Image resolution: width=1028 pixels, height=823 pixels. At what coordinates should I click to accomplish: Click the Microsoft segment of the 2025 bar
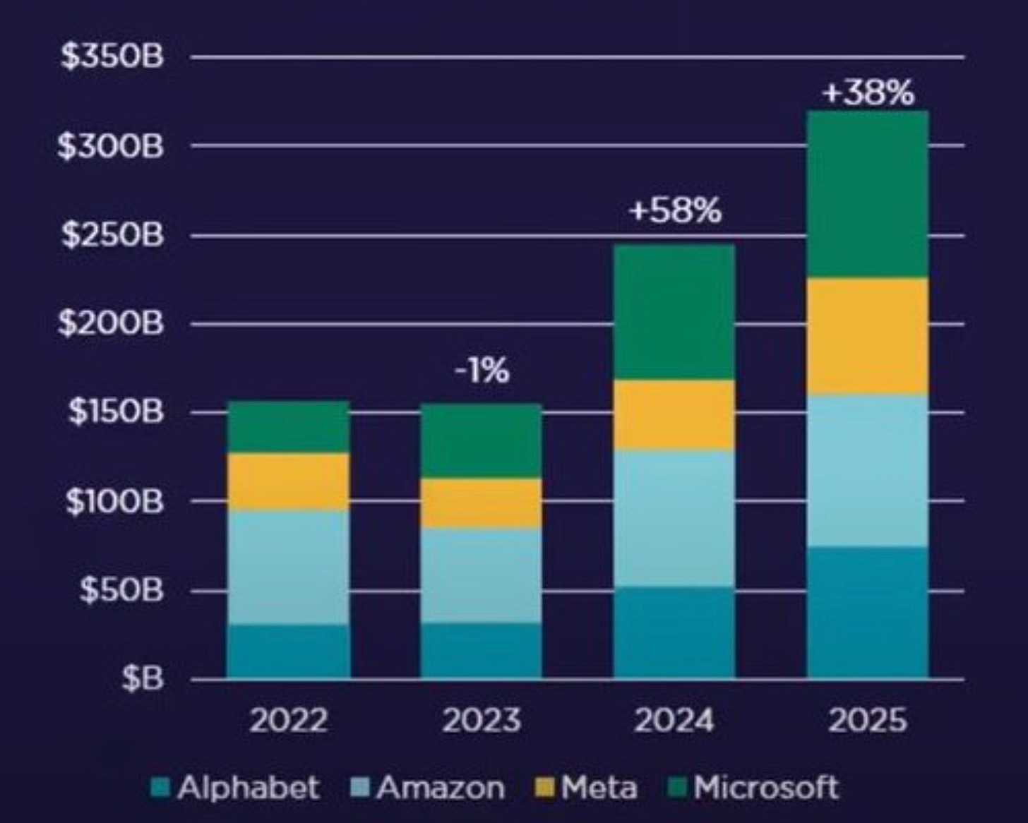[867, 194]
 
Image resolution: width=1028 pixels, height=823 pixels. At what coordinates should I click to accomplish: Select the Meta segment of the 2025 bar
[867, 336]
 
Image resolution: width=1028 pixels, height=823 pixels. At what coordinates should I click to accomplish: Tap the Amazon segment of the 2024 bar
[674, 518]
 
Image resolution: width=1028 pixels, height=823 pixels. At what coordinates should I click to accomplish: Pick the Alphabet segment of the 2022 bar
[288, 651]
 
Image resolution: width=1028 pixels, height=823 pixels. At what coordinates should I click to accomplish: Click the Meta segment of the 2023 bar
[481, 503]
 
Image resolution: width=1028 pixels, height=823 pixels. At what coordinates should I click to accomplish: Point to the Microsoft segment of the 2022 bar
[288, 427]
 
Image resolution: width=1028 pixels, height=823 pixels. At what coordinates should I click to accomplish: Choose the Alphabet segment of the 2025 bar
[867, 612]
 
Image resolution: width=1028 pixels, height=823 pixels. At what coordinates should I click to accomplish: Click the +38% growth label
[868, 93]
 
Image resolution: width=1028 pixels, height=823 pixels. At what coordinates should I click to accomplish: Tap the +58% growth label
[675, 211]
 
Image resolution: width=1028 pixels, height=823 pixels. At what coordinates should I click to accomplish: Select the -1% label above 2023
[482, 371]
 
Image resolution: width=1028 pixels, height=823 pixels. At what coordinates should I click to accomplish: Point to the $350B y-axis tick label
[112, 57]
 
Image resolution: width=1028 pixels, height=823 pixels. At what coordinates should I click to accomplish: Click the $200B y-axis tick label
[111, 324]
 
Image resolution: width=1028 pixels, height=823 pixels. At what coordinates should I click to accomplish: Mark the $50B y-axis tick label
[121, 590]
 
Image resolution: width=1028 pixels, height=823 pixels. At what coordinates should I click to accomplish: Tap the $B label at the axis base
[142, 678]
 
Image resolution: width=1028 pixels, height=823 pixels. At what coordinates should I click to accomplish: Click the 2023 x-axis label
[482, 721]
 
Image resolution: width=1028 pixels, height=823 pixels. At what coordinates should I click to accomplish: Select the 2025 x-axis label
[867, 721]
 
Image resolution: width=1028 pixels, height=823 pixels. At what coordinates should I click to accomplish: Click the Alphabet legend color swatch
[161, 787]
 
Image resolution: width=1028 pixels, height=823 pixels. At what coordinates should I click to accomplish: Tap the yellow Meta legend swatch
[544, 787]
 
